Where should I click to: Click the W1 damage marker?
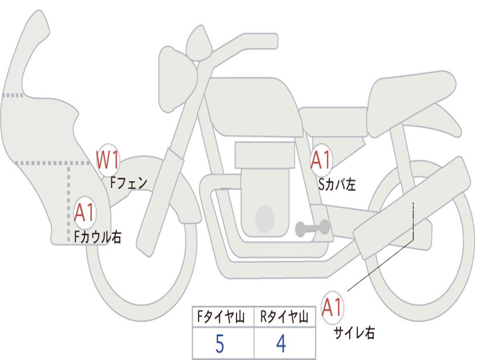107,160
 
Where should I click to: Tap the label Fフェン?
128,182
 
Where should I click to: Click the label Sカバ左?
337,184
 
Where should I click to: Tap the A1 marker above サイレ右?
332,307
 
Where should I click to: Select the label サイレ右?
354,333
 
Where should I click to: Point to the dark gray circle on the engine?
264,218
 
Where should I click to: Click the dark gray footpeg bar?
312,228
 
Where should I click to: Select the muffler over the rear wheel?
412,206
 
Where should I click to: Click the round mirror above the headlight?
199,44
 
